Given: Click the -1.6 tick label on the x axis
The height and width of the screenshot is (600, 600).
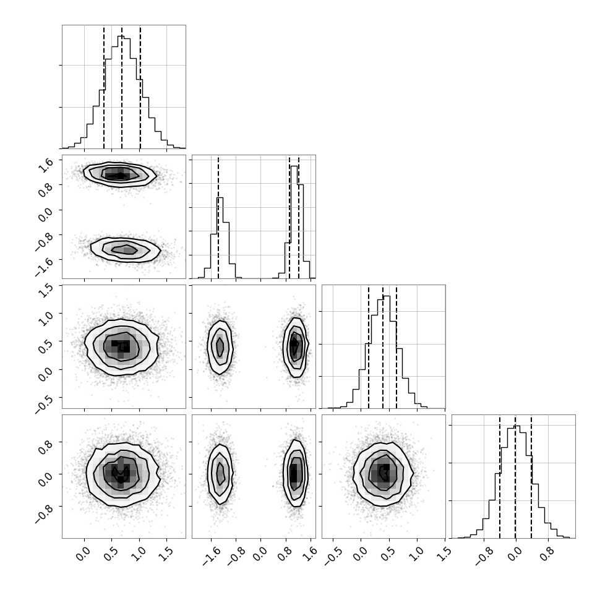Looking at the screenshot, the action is [x=212, y=556].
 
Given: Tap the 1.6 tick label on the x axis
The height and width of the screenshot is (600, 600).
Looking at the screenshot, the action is [x=311, y=554].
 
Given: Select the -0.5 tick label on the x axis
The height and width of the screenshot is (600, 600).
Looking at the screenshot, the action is [x=333, y=556].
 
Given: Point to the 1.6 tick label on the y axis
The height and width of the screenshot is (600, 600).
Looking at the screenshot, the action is [x=45, y=165].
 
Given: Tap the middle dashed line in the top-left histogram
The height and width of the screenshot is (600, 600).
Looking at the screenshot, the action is [x=122, y=87].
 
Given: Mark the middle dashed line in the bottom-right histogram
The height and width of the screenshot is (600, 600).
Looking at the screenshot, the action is [x=515, y=477].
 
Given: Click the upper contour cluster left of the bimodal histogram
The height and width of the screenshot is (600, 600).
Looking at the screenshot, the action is [x=120, y=174].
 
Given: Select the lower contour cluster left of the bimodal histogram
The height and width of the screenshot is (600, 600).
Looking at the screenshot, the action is [x=126, y=250].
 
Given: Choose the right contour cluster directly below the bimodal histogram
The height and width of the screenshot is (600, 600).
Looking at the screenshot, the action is [x=295, y=348].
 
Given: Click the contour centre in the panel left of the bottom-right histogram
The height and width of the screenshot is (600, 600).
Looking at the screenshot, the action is [x=384, y=474].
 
